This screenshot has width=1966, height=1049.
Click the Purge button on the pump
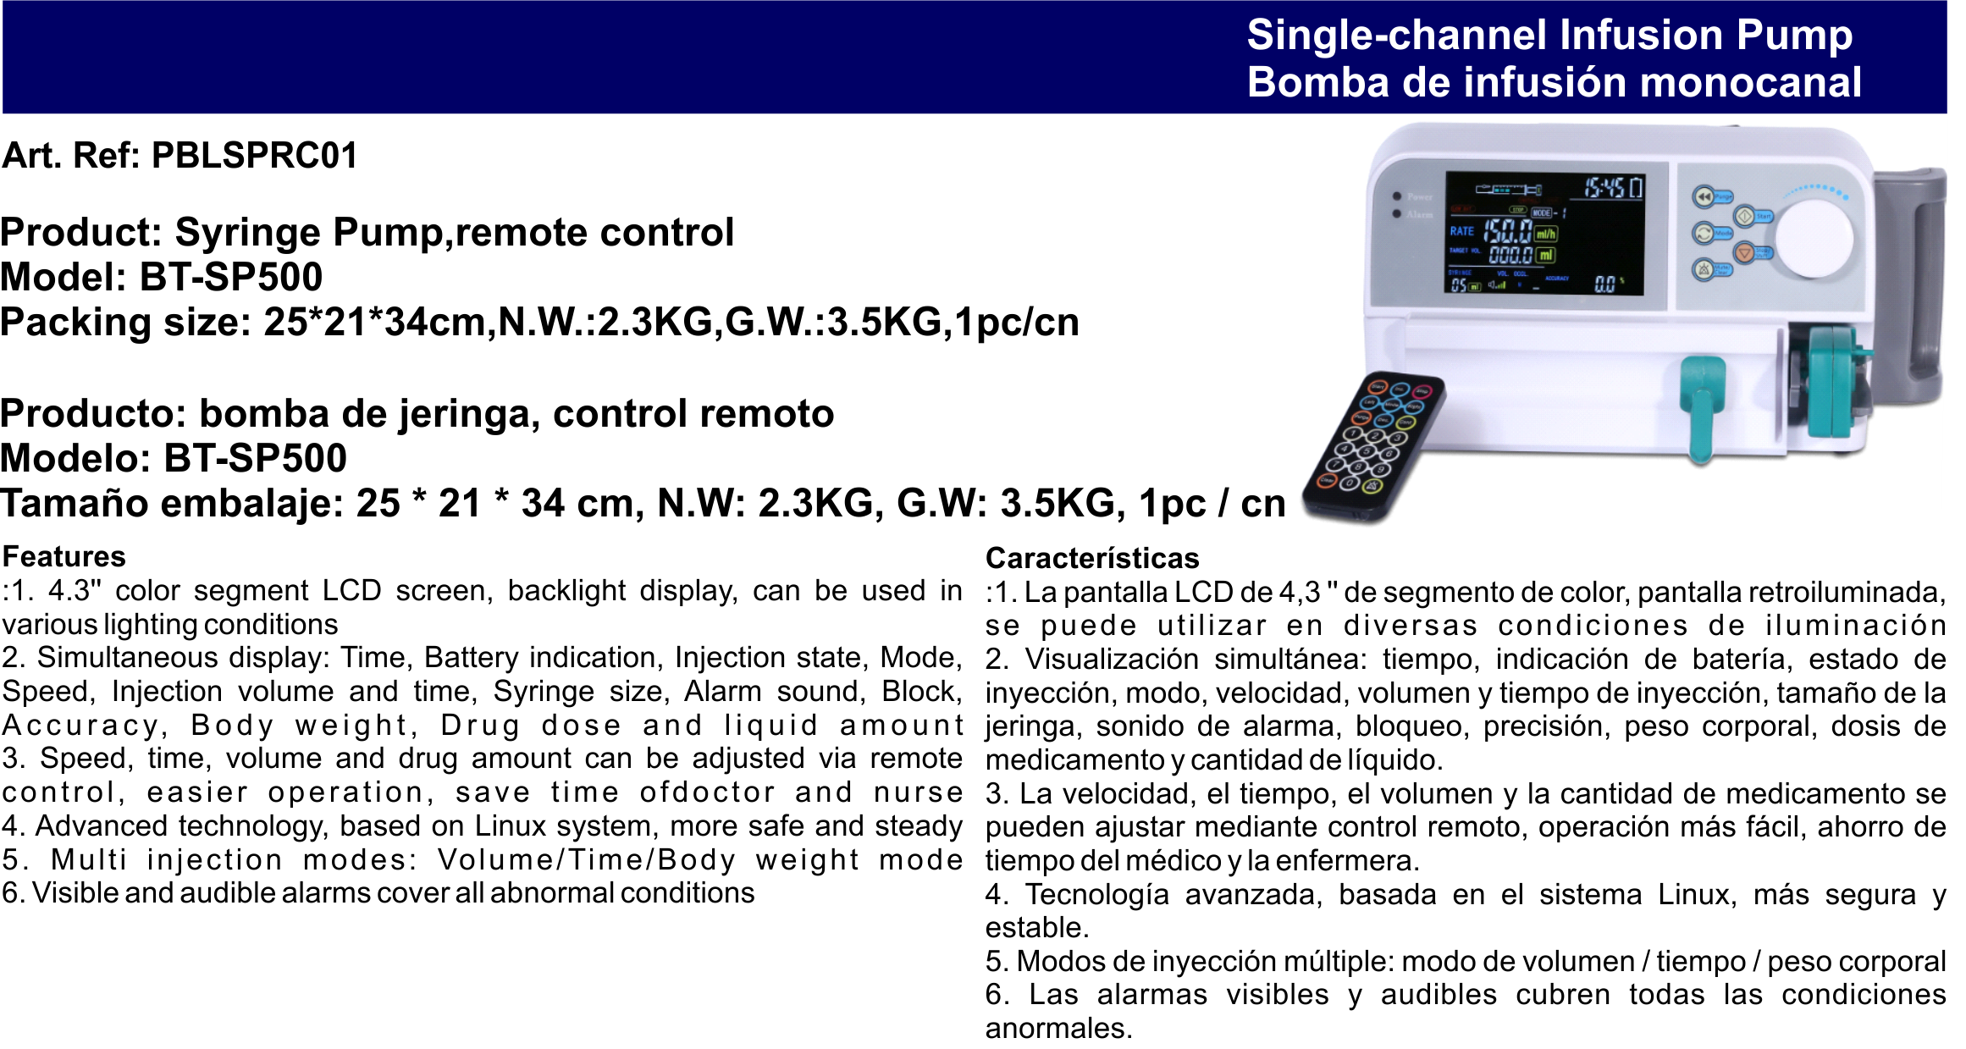tap(1704, 196)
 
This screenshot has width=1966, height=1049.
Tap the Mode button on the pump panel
tap(1704, 233)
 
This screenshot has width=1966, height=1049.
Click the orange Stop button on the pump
tap(1744, 251)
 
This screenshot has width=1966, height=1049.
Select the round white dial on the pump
tap(1814, 238)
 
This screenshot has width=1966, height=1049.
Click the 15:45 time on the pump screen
tap(1604, 187)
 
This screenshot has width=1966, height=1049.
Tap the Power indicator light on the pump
tap(1398, 196)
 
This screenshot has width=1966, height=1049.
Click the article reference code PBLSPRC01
tap(254, 155)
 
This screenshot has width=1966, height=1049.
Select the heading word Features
tap(64, 556)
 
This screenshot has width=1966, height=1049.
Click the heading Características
tap(1092, 558)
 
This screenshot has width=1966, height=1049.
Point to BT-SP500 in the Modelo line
tap(256, 458)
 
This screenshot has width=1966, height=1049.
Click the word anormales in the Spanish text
tap(1058, 1028)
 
